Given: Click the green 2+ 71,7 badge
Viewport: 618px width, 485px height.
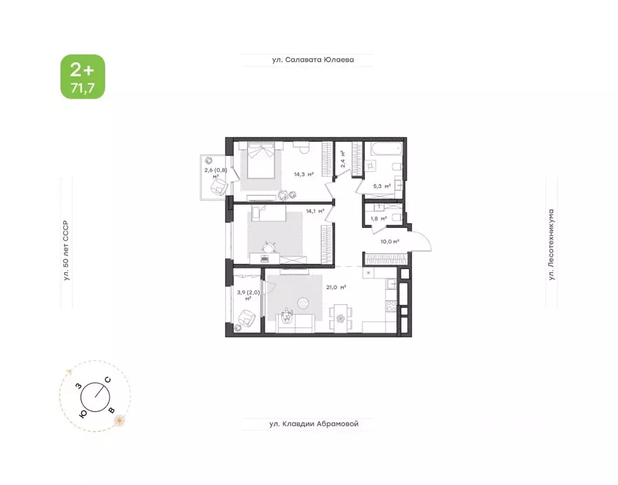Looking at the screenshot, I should (x=83, y=76).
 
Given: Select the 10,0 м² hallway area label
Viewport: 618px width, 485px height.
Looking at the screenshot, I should (x=390, y=241).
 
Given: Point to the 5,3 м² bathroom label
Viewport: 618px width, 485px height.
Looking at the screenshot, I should (x=382, y=186).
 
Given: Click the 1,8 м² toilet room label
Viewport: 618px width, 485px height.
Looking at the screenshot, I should (x=378, y=219).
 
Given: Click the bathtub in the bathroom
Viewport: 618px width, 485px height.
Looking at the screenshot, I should (x=384, y=150).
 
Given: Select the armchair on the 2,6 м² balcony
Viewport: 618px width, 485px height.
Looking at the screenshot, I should (x=219, y=186).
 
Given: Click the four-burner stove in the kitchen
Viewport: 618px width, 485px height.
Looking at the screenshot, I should (x=391, y=307).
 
